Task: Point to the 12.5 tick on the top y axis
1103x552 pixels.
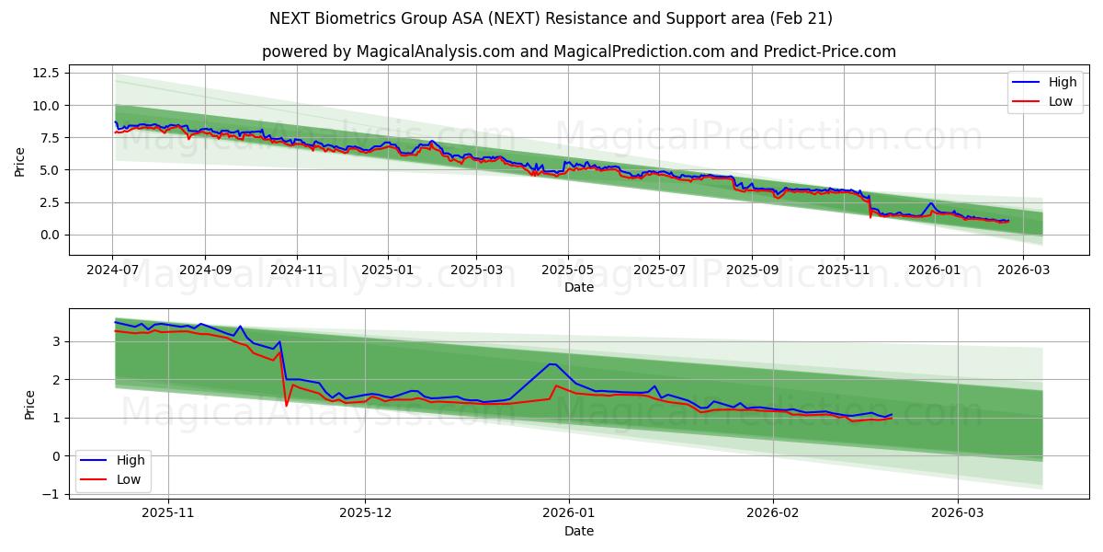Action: [x=46, y=73]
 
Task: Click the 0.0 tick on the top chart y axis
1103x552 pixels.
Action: [x=50, y=235]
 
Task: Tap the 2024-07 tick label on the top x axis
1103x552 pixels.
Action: [x=112, y=270]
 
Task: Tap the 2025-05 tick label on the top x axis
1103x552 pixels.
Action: [x=567, y=270]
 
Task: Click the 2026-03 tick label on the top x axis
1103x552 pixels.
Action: [x=1024, y=270]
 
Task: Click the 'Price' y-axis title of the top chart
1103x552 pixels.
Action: [x=20, y=161]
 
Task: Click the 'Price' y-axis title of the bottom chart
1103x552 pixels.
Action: [x=29, y=405]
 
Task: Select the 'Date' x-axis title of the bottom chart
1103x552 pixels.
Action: [x=578, y=531]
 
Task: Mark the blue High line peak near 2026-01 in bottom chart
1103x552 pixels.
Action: [x=551, y=363]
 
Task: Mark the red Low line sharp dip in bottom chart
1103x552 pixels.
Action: [x=286, y=406]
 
